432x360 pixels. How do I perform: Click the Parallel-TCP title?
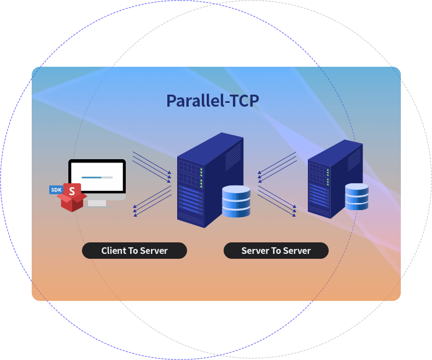pyautogui.click(x=212, y=101)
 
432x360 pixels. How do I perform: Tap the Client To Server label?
pyautogui.click(x=135, y=251)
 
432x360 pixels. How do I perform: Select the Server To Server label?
pyautogui.click(x=276, y=251)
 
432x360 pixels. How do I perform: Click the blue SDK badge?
pyautogui.click(x=56, y=190)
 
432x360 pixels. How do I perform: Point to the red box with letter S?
pyautogui.click(x=72, y=198)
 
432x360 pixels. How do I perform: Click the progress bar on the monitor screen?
pyautogui.click(x=97, y=177)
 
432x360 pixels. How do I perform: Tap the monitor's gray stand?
pyautogui.click(x=97, y=202)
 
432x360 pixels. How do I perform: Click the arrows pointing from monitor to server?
pyautogui.click(x=152, y=166)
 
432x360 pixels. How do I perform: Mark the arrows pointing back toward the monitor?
pyautogui.click(x=152, y=201)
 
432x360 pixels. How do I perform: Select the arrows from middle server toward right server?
pyautogui.click(x=277, y=198)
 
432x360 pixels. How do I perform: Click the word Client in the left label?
pyautogui.click(x=113, y=251)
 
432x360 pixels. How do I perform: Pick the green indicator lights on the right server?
pyautogui.click(x=328, y=175)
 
